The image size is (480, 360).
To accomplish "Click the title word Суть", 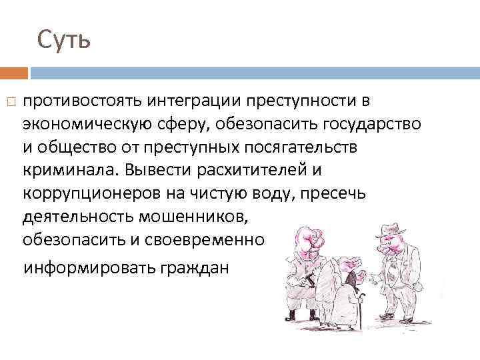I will [63, 41].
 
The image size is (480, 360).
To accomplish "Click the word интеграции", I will [194, 101].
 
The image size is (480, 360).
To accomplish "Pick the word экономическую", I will [89, 124].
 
